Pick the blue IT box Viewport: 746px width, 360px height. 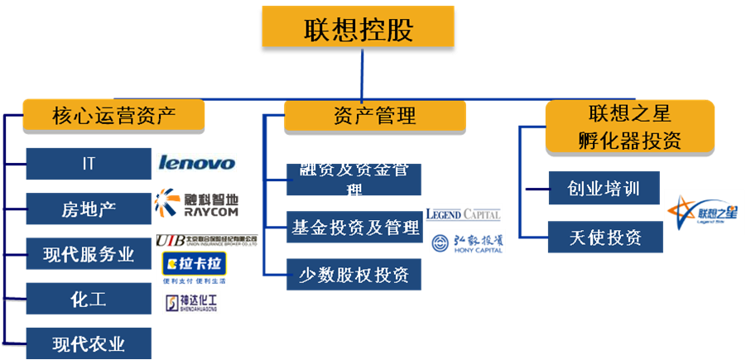89,164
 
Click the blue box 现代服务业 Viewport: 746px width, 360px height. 89,254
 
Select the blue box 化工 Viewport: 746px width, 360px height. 89,299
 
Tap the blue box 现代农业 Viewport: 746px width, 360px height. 89,343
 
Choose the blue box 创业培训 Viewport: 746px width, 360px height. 605,189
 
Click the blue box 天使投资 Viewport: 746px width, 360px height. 605,238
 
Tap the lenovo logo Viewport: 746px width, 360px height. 196,162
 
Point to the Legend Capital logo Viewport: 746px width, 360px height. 463,214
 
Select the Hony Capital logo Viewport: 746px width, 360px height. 467,242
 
